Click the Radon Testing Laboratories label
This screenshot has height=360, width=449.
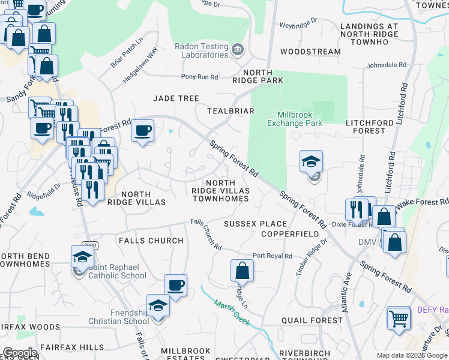pyautogui.click(x=201, y=50)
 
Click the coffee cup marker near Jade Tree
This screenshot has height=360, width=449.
pyautogui.click(x=143, y=131)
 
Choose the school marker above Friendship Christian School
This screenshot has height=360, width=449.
pyautogui.click(x=158, y=305)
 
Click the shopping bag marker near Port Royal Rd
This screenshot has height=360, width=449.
pyautogui.click(x=242, y=270)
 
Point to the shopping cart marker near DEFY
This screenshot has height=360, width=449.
pyautogui.click(x=399, y=317)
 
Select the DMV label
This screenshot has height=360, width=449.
pyautogui.click(x=367, y=241)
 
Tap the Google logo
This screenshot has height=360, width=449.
pyautogui.click(x=19, y=353)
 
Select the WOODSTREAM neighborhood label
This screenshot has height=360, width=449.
pyautogui.click(x=310, y=52)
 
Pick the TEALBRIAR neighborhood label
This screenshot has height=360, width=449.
pyautogui.click(x=231, y=111)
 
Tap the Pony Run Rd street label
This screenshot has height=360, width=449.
pyautogui.click(x=200, y=77)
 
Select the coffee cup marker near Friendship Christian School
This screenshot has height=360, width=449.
pyautogui.click(x=175, y=286)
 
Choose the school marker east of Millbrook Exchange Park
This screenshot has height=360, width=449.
pyautogui.click(x=312, y=161)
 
